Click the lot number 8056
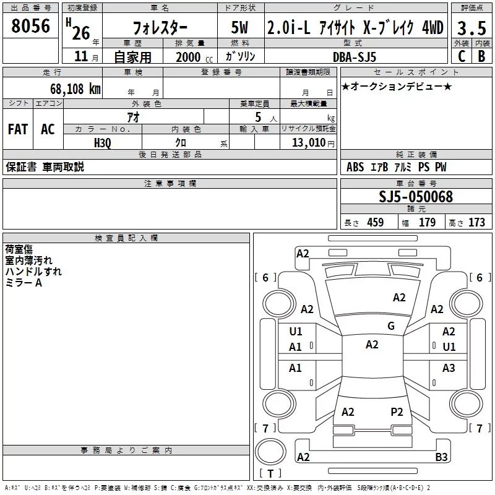pyautogui.click(x=30, y=26)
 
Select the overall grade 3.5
pyautogui.click(x=471, y=28)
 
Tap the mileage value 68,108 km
pyautogui.click(x=75, y=89)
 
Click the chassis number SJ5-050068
pyautogui.click(x=416, y=197)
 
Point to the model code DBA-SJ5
pyautogui.click(x=355, y=57)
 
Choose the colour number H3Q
pyautogui.click(x=103, y=143)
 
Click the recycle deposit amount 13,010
pyautogui.click(x=309, y=143)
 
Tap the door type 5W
pyautogui.click(x=239, y=27)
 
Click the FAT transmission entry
pyautogui.click(x=18, y=129)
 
